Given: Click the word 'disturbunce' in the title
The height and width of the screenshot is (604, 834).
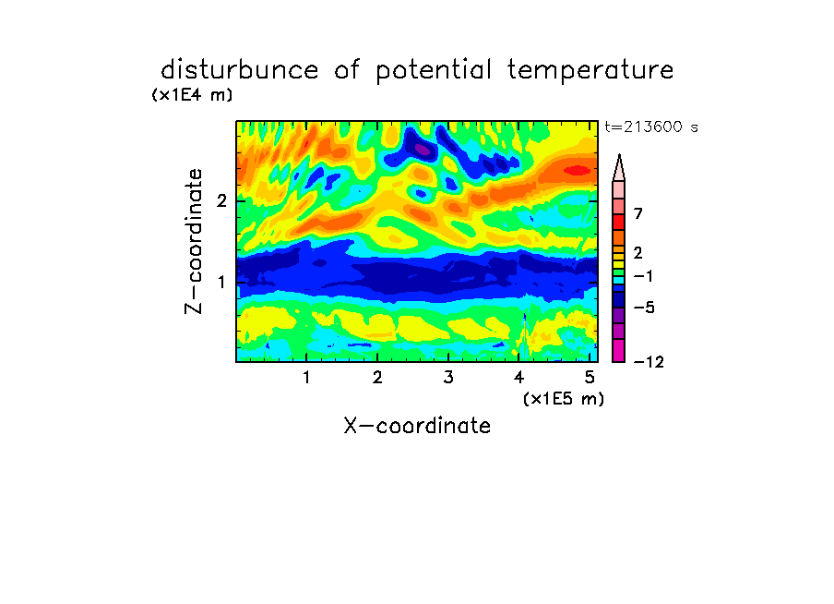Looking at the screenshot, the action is click(240, 69).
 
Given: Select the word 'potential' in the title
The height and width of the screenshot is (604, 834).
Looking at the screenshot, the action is click(434, 70).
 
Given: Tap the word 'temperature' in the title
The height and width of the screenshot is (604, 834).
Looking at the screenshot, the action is click(590, 70).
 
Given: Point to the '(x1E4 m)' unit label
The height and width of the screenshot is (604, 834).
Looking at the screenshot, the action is click(192, 95).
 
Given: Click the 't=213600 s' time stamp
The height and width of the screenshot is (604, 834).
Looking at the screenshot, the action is click(651, 127).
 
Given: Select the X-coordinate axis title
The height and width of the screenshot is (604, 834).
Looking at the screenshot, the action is click(417, 426).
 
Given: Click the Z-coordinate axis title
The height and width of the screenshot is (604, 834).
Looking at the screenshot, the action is click(194, 241).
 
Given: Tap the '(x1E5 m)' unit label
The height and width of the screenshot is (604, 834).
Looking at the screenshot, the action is click(564, 398).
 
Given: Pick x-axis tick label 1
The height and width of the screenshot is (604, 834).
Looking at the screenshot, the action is click(307, 377).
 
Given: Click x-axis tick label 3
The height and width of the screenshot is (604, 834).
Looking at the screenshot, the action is click(448, 377).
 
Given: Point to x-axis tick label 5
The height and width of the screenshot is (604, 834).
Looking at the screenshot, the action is click(590, 377).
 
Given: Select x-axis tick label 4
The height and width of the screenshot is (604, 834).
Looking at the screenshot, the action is click(519, 377).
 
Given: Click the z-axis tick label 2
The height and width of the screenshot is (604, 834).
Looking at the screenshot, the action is click(221, 200).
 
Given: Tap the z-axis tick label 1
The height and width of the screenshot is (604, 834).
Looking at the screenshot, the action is click(221, 282).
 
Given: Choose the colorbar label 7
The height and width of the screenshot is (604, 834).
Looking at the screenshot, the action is click(638, 213).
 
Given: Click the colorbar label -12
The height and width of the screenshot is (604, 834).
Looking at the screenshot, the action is click(649, 362).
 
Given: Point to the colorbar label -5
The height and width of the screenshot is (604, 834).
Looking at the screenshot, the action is click(644, 308).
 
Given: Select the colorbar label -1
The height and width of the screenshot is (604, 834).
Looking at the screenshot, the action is click(643, 276).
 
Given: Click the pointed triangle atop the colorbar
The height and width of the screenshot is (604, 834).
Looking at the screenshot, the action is click(619, 167).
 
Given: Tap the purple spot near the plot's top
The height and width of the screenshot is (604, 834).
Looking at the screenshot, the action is click(423, 150).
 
